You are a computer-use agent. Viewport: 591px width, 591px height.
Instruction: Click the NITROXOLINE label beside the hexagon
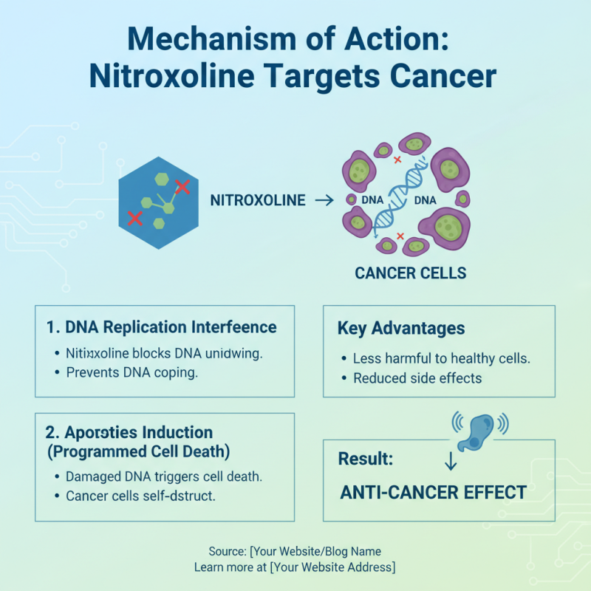pyautogui.click(x=258, y=200)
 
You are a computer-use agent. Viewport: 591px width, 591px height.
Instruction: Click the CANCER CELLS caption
pyautogui.click(x=410, y=273)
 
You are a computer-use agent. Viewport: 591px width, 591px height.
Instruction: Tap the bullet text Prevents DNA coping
pyautogui.click(x=131, y=373)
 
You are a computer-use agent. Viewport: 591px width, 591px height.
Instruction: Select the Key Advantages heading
pyautogui.click(x=401, y=328)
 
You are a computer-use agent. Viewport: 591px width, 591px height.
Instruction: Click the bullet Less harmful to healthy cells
pyautogui.click(x=442, y=359)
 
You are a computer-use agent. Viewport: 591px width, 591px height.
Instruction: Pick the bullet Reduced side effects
pyautogui.click(x=417, y=378)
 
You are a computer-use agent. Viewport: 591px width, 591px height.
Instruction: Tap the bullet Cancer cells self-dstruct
pyautogui.click(x=140, y=496)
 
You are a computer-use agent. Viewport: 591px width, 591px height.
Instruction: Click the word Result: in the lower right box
pyautogui.click(x=366, y=459)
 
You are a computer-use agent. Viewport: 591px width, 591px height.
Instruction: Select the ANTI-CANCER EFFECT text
pyautogui.click(x=433, y=493)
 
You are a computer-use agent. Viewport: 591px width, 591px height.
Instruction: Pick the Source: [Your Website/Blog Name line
pyautogui.click(x=295, y=551)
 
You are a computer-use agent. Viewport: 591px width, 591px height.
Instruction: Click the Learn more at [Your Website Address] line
pyautogui.click(x=295, y=567)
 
